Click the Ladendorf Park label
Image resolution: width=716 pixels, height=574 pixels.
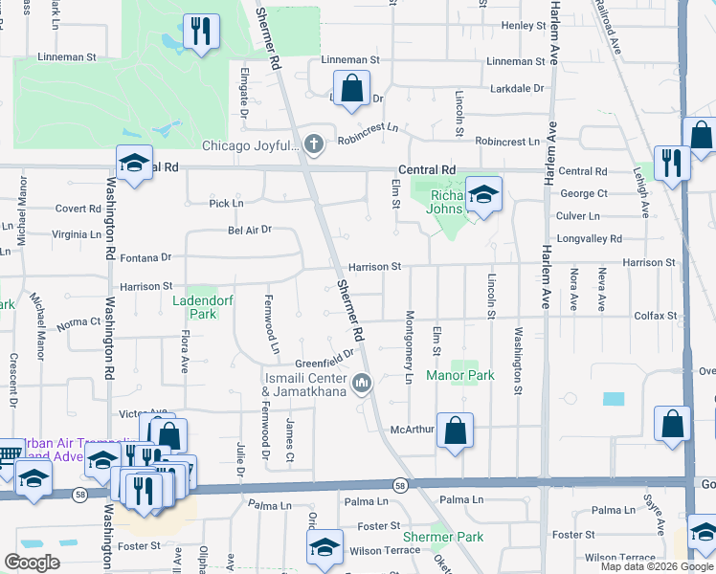[x=195, y=306]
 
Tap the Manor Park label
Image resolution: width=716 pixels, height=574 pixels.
[x=460, y=376]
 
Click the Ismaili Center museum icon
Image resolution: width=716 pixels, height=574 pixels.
[x=362, y=384]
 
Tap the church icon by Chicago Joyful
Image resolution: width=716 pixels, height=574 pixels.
[x=313, y=144]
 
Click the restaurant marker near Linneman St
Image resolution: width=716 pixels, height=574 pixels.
[x=201, y=32]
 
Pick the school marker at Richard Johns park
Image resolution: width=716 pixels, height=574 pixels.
[x=483, y=195]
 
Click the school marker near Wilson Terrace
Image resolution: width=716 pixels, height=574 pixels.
[x=324, y=547]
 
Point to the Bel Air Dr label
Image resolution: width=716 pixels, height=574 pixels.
[x=250, y=230]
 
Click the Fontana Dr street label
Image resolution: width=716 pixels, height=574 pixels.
[x=152, y=257]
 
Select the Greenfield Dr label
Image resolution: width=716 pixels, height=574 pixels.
[x=318, y=362]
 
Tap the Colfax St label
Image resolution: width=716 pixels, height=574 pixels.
[x=658, y=316]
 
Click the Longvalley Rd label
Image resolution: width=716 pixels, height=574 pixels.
[x=589, y=239]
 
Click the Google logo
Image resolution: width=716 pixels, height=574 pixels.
[x=32, y=563]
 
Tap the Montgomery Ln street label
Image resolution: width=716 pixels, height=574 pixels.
[x=409, y=349]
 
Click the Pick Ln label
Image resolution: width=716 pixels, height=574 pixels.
[x=226, y=204]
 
